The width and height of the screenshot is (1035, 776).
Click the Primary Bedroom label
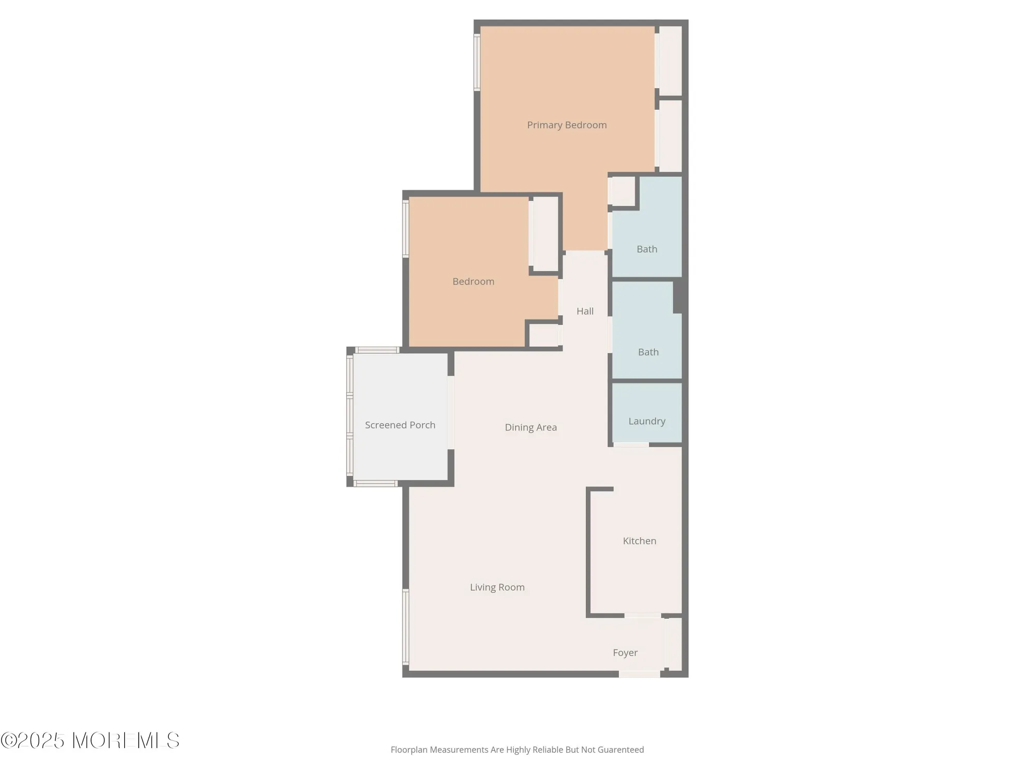tap(567, 125)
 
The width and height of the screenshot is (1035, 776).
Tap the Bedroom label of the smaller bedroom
tap(473, 281)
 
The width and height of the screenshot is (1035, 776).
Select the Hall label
tap(585, 311)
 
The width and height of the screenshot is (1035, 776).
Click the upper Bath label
tap(647, 249)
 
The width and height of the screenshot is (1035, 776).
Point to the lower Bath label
tap(648, 352)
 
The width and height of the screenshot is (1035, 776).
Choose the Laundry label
tap(646, 421)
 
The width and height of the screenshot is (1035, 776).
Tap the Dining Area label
tap(530, 427)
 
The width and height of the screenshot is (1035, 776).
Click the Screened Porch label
tap(400, 425)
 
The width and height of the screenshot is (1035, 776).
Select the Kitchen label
tap(639, 541)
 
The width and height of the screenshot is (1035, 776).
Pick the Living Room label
tap(497, 587)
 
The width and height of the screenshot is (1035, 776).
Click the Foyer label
tap(625, 653)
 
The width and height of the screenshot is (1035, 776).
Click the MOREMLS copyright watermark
tap(91, 741)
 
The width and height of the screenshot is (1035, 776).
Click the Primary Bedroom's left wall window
tap(477, 63)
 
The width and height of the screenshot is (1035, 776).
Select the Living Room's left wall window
tap(406, 626)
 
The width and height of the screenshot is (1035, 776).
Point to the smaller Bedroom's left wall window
tap(406, 229)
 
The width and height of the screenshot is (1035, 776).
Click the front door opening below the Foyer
tap(640, 674)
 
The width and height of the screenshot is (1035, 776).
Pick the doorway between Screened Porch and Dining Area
tap(451, 412)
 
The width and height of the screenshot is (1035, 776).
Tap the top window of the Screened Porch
tap(377, 350)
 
